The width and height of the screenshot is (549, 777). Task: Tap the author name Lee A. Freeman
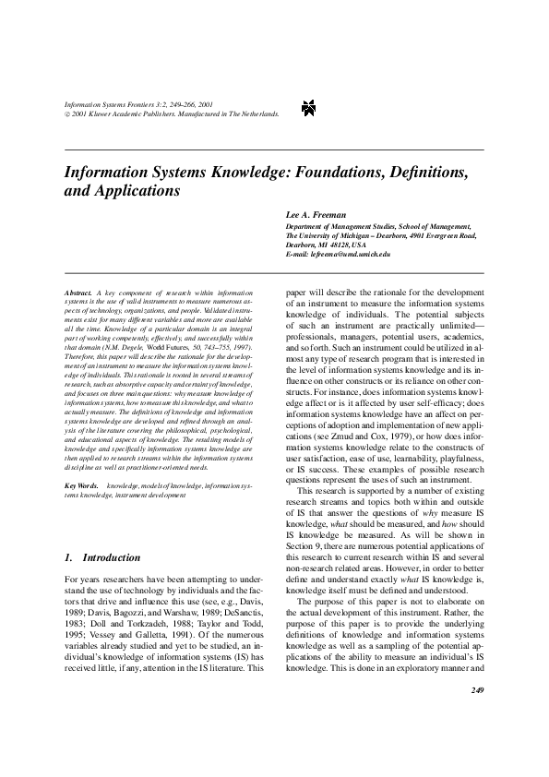(315, 214)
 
